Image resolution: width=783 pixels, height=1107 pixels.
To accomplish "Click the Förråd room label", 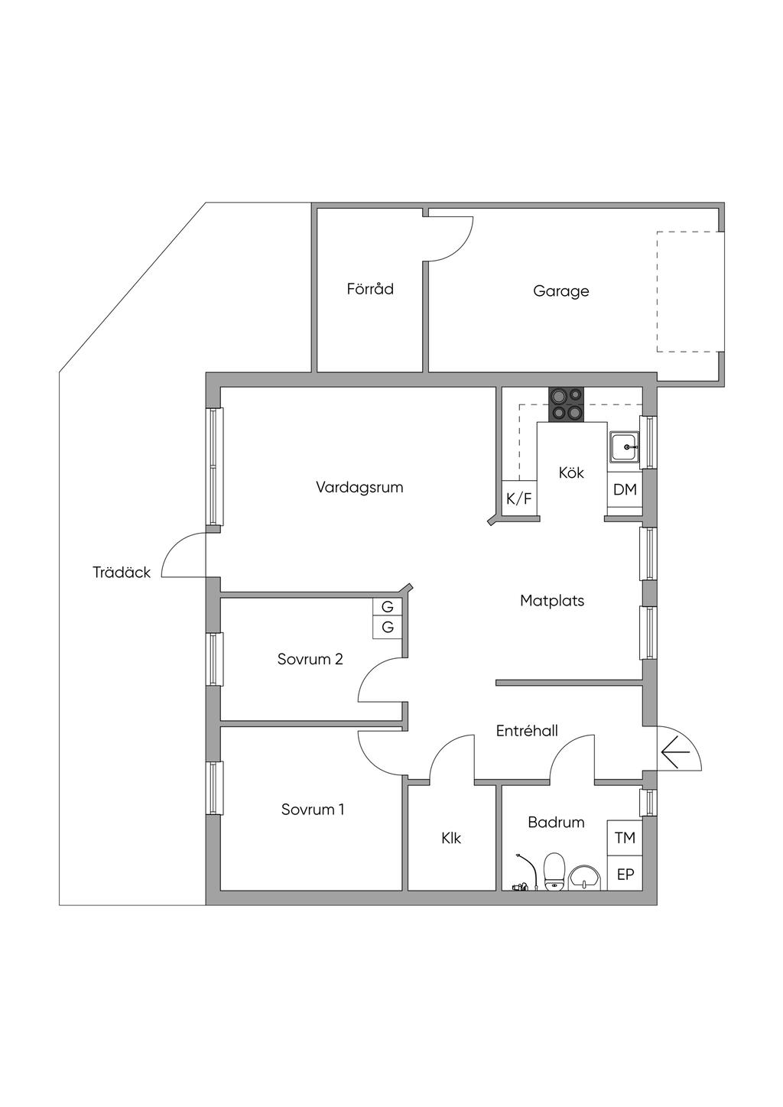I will coord(370,289).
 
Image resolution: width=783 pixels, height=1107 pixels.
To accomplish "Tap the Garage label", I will coord(561,291).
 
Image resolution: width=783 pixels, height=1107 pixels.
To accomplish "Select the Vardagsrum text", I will coord(359,487).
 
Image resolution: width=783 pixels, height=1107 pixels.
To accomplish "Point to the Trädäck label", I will coord(122,572).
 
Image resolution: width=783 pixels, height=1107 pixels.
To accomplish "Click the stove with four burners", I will coord(566,404).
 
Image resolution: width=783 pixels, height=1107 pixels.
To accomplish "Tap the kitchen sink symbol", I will coord(625,446).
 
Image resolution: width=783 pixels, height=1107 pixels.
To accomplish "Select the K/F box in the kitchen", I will coord(518,499).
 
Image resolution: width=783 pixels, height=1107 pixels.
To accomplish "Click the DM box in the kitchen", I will coord(625,489).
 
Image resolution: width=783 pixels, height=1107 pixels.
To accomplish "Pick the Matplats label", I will coord(552,601).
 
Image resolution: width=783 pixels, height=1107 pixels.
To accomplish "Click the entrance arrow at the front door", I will coord(675,755).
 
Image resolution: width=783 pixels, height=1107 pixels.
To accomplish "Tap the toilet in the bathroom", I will coord(554,872).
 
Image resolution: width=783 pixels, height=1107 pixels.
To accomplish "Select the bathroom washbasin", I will coord(585,877).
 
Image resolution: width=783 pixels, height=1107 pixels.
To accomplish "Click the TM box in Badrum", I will coord(625,838).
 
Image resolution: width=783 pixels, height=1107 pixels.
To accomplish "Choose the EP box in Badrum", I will coord(625,874).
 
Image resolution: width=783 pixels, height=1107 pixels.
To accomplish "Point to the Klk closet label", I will coord(451,838).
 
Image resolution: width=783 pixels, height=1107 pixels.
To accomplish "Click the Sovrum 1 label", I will coord(313,809).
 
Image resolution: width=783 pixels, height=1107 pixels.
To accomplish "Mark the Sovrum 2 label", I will coord(310,659).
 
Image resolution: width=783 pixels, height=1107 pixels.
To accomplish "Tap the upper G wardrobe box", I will coord(388,607).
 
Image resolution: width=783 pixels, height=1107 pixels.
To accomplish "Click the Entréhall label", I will coord(527,731).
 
